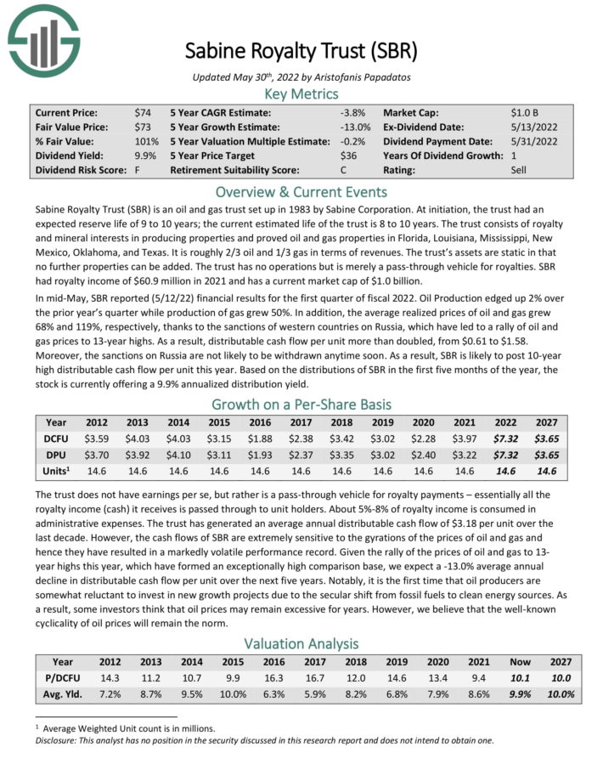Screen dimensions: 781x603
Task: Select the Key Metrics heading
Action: tap(301, 93)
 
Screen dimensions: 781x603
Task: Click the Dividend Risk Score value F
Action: tap(137, 170)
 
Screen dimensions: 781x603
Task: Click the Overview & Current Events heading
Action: tap(301, 190)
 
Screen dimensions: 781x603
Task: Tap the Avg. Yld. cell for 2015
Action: tap(218, 693)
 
